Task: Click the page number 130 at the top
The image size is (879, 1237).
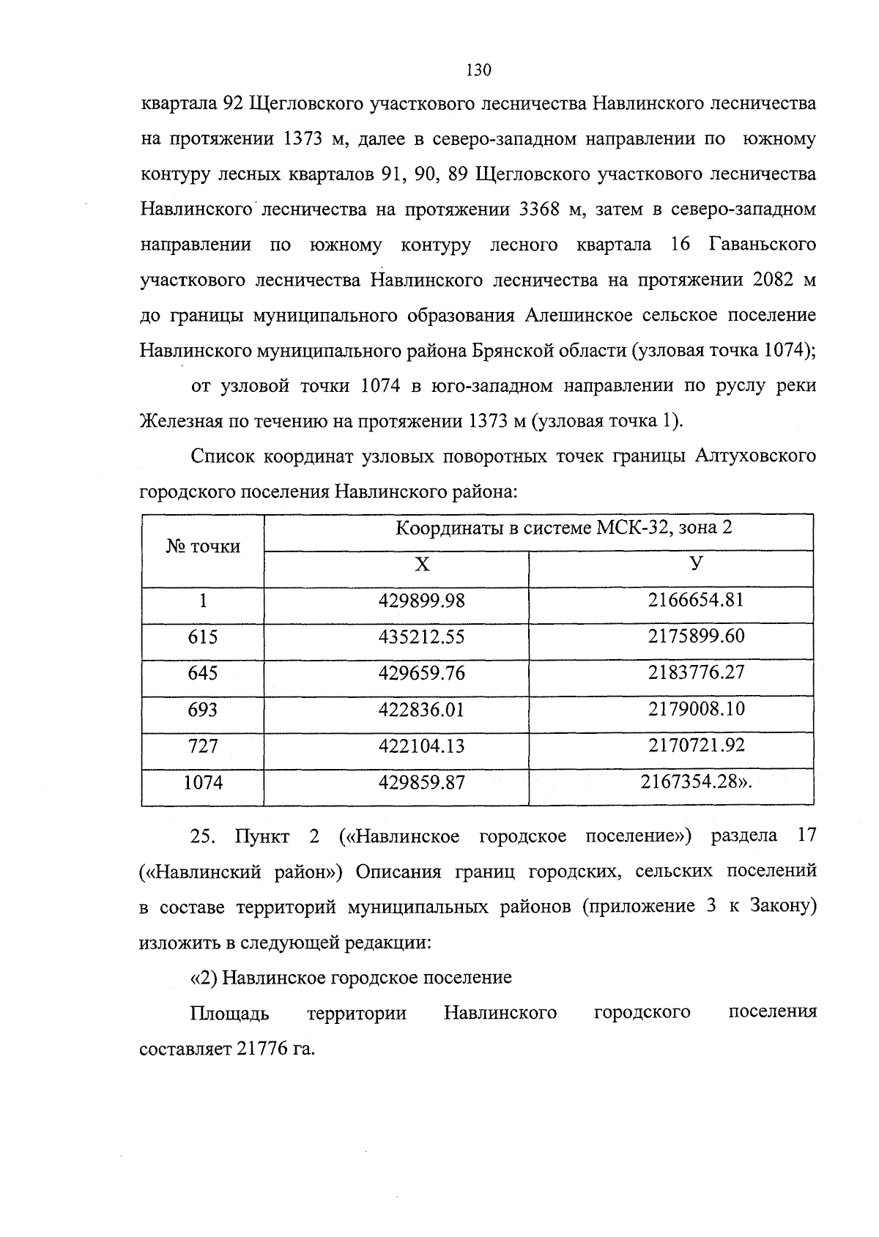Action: tap(478, 70)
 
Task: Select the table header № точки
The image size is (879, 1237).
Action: tap(203, 546)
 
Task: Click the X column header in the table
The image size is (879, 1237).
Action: tap(422, 564)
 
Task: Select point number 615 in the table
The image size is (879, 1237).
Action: tap(203, 636)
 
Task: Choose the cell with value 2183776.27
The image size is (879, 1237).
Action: tap(696, 672)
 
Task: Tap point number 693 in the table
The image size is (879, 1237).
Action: tap(203, 709)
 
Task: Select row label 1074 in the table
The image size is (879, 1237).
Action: tap(203, 782)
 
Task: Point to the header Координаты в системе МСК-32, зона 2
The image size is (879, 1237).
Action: tap(564, 528)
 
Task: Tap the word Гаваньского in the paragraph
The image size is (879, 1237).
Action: tap(763, 245)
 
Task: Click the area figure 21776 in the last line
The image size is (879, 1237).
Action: tap(261, 1049)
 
